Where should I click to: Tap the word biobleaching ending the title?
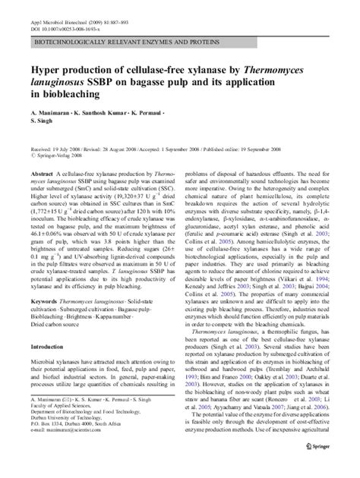pos(63,96)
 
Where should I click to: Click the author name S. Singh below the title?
pos(39,123)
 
